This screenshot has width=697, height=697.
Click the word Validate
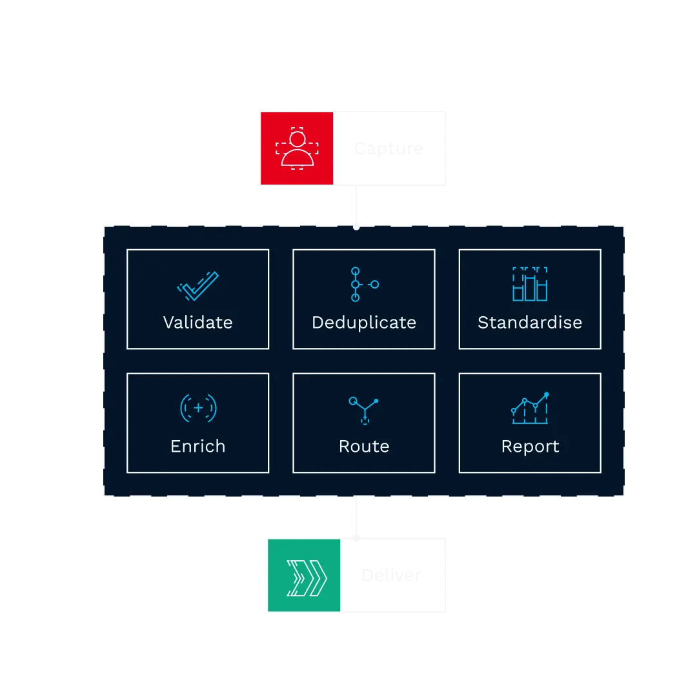pos(197,322)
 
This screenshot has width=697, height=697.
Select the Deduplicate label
pos(364,322)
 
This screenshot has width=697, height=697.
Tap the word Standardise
pos(530,322)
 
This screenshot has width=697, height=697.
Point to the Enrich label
pos(197,446)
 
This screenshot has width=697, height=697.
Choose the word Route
pos(364,446)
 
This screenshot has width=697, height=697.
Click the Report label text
pos(530,446)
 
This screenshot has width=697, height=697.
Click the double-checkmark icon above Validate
pos(197,286)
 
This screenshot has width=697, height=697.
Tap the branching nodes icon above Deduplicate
pos(363,284)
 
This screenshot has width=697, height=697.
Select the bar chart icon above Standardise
pos(530,285)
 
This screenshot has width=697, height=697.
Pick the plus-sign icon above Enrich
pos(198,408)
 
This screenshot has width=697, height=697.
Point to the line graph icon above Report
pos(530,408)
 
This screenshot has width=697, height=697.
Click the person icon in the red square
pos(297,148)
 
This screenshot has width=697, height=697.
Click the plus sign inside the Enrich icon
pos(198,408)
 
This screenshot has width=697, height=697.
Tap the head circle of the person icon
pos(297,138)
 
